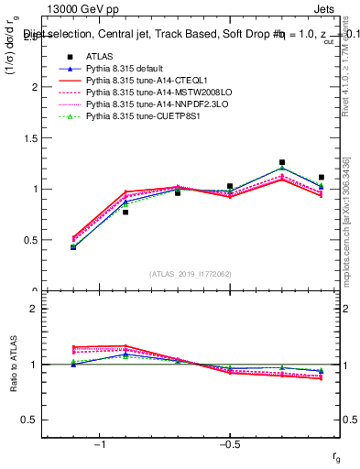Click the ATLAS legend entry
pyautogui.click(x=98, y=56)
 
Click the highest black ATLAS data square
pyautogui.click(x=282, y=162)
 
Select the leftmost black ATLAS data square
pyautogui.click(x=73, y=246)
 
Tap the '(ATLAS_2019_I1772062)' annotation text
pyautogui.click(x=191, y=273)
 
